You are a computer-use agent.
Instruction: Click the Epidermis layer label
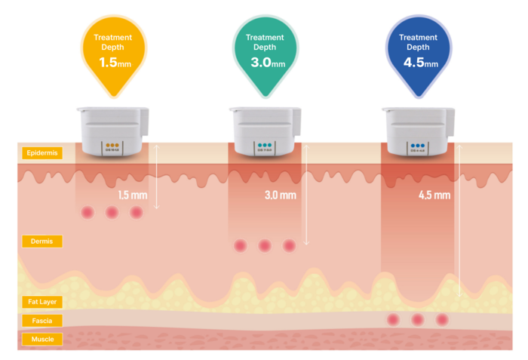click(x=42, y=153)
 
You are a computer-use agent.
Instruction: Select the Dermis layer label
click(x=42, y=242)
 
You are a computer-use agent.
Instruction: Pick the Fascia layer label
click(x=42, y=321)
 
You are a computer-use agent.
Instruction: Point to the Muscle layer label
click(x=42, y=340)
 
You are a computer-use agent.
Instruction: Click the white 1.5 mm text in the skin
click(x=133, y=195)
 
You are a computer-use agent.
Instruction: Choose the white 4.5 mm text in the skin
click(x=434, y=195)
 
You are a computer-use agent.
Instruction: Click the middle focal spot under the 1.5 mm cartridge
click(x=112, y=213)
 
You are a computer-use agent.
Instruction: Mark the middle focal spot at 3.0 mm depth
click(x=264, y=246)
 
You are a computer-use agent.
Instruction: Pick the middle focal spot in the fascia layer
click(x=417, y=320)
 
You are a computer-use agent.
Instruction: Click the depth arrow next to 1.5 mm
click(x=156, y=176)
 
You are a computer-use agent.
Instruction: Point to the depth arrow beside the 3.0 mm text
click(x=307, y=194)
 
